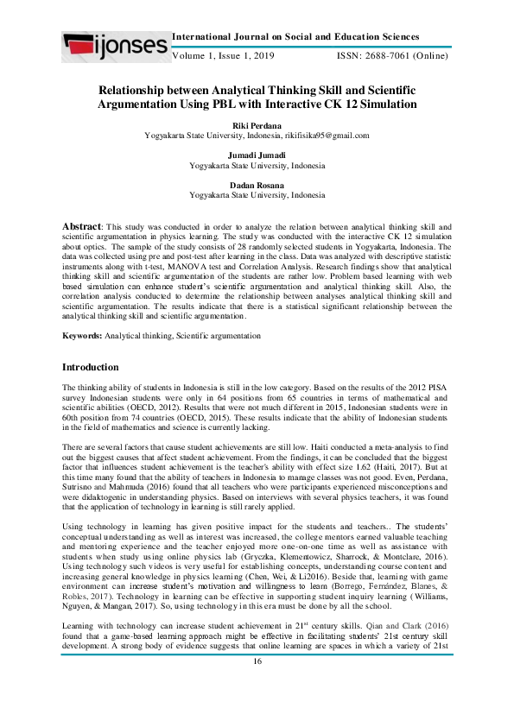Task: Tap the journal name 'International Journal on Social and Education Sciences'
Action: pyautogui.click(x=296, y=37)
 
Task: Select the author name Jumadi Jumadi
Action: pyautogui.click(x=257, y=155)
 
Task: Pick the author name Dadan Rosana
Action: pyautogui.click(x=257, y=185)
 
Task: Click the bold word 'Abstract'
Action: pyautogui.click(x=82, y=225)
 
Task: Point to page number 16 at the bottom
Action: pyautogui.click(x=257, y=709)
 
